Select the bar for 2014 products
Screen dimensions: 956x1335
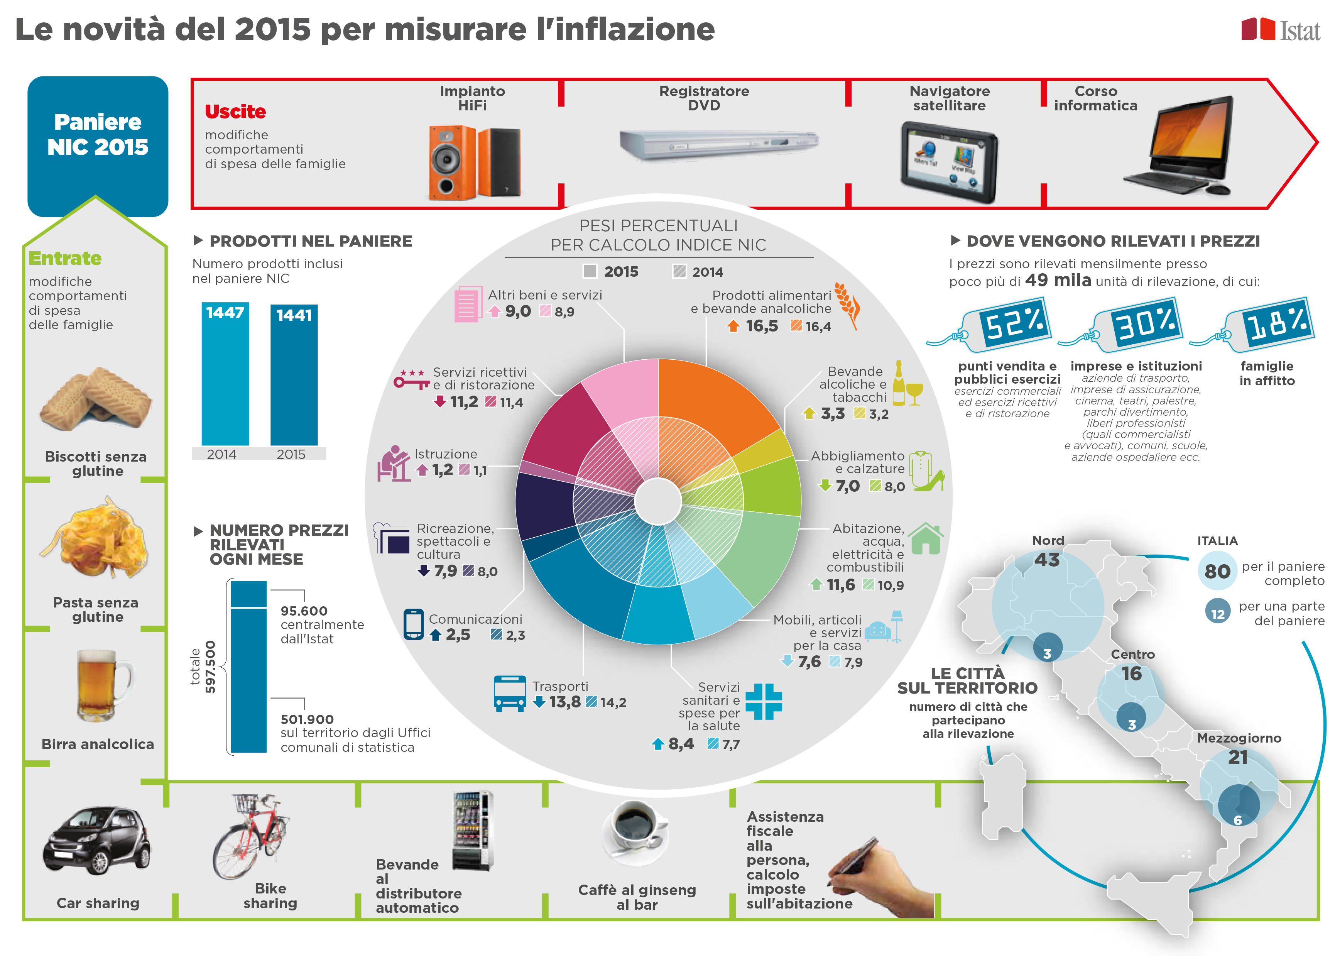click(225, 377)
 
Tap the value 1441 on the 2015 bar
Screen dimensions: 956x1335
click(294, 316)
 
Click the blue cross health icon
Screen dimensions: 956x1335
click(763, 701)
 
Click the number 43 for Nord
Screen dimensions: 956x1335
click(1047, 560)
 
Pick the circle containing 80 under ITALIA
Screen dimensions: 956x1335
click(1217, 570)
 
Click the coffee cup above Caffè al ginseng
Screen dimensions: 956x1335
click(634, 830)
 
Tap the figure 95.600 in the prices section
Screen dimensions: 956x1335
click(304, 611)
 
